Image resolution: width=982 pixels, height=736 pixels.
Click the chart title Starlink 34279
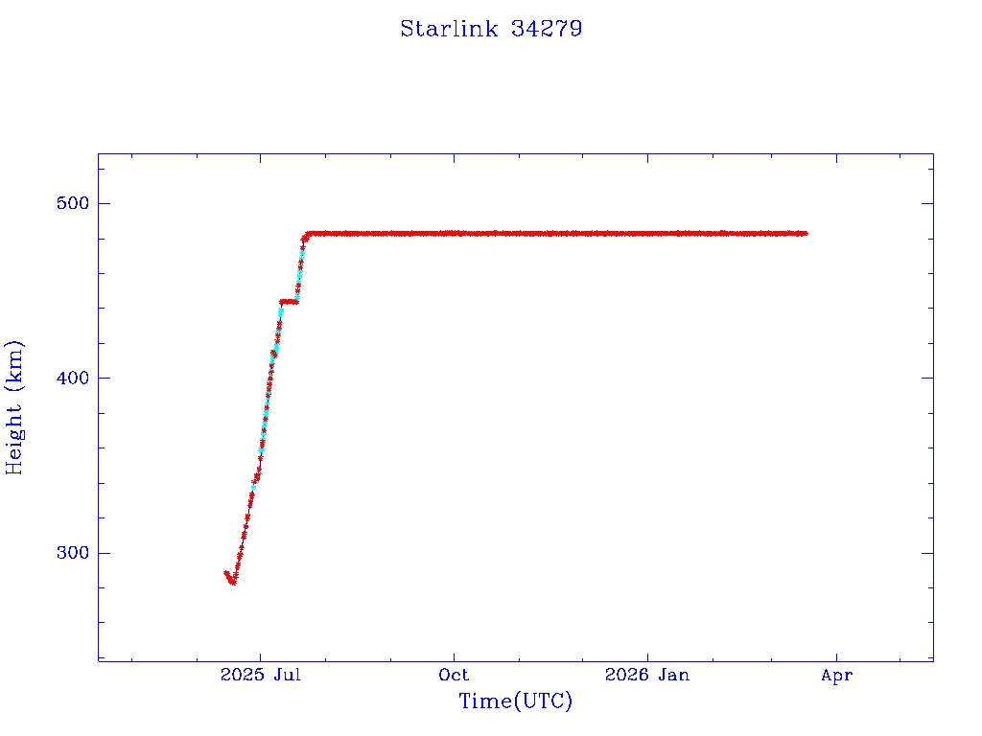click(491, 29)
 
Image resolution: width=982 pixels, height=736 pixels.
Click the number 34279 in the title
click(547, 29)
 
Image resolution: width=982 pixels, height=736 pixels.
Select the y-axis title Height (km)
click(14, 407)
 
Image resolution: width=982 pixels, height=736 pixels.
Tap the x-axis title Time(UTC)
click(516, 701)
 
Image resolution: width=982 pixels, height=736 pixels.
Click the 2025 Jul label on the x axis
click(261, 676)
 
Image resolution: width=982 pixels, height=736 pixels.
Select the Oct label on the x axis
click(454, 676)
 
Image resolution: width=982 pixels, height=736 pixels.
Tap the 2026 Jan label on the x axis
click(647, 676)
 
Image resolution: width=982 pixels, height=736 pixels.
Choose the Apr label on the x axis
click(837, 676)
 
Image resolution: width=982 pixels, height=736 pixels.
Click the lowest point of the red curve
click(233, 582)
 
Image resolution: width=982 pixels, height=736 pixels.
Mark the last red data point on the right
click(806, 233)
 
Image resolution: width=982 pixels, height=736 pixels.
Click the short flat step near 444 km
click(289, 301)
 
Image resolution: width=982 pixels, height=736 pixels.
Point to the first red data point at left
click(226, 573)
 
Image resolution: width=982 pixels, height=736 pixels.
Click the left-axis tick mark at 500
click(104, 203)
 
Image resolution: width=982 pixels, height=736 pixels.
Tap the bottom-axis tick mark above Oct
click(455, 655)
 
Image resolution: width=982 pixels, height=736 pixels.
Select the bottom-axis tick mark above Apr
click(837, 655)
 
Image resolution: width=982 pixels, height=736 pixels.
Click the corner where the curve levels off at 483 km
click(308, 233)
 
